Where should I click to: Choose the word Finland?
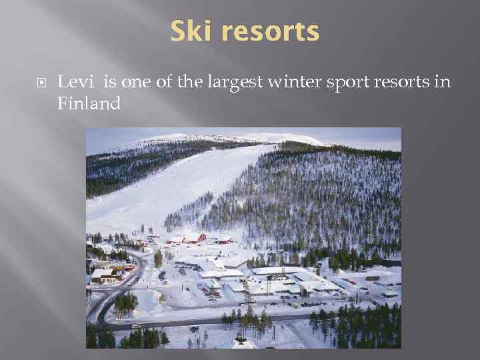click(89, 103)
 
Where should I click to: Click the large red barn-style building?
click(193, 238)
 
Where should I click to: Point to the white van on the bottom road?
click(135, 326)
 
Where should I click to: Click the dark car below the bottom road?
click(194, 329)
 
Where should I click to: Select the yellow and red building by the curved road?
click(123, 267)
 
